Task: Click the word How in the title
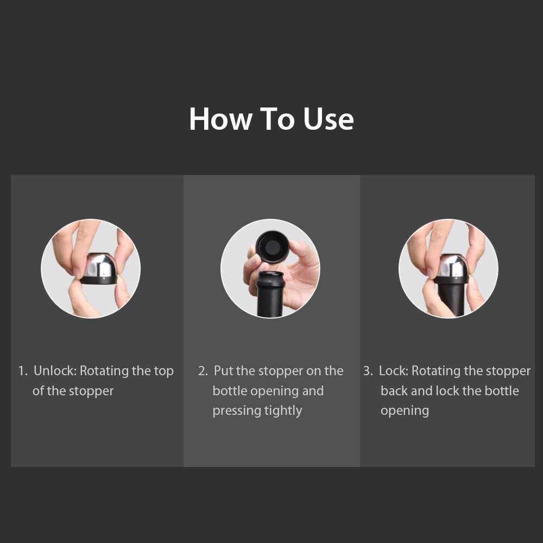(x=220, y=119)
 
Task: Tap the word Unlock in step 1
(x=55, y=370)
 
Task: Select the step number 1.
(x=22, y=371)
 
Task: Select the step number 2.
(x=203, y=371)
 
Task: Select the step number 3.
(x=368, y=371)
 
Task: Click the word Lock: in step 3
(x=394, y=370)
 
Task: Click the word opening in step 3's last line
(x=405, y=412)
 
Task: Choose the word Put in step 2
(x=223, y=370)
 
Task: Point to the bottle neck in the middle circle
(x=270, y=294)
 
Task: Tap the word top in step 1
(x=164, y=371)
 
